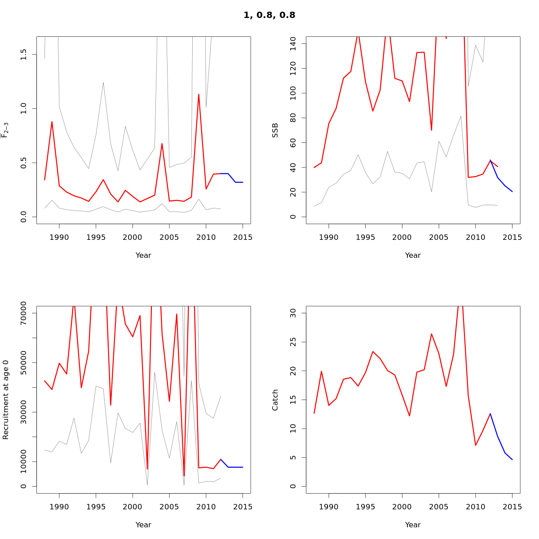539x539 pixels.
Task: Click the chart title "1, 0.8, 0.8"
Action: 269,15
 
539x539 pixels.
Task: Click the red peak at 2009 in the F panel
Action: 199,94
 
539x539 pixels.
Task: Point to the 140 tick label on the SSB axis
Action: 293,44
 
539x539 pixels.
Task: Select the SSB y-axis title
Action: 275,130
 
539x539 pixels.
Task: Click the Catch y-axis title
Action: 275,400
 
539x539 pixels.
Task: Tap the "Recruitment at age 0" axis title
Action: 6,400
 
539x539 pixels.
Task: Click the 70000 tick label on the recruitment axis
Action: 24,313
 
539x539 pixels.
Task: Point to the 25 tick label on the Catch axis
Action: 293,342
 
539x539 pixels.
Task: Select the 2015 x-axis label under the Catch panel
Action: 512,507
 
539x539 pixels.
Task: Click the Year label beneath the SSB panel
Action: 413,255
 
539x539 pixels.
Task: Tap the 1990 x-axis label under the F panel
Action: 59,238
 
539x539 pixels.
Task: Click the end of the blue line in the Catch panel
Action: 512,459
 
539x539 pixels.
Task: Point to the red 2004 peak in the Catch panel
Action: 432,334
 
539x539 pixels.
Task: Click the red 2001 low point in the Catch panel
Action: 410,416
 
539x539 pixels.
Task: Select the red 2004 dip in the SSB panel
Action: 432,130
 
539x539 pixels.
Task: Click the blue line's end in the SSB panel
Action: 512,192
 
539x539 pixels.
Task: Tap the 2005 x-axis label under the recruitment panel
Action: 169,507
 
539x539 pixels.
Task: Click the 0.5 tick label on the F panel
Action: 24,163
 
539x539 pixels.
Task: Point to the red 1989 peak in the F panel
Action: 52,122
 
